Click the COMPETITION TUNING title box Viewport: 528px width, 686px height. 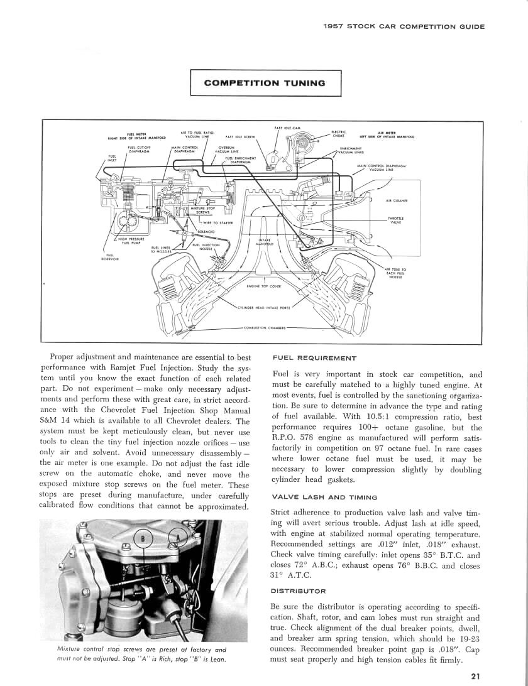265,83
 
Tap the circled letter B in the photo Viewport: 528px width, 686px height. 144,539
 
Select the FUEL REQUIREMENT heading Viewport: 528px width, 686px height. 315,358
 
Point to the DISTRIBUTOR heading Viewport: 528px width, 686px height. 298,591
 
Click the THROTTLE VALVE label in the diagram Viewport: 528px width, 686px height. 395,220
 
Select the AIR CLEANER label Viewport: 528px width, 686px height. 397,201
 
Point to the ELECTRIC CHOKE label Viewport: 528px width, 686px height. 339,133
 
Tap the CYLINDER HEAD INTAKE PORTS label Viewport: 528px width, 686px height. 263,308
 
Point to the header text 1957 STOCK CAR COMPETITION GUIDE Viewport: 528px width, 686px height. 403,26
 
